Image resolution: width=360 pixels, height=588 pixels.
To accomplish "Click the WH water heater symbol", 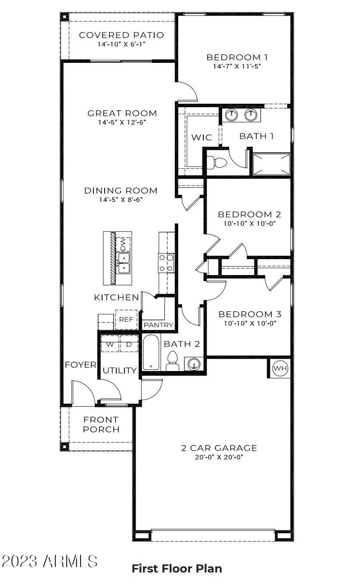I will pos(280,368).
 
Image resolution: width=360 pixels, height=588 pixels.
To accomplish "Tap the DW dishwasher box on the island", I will pos(123,244).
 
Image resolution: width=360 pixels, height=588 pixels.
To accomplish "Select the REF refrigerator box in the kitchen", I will pos(126,319).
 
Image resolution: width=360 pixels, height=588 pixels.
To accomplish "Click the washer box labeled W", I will pos(110,344).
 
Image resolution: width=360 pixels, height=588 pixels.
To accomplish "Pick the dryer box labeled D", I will pos(129,344).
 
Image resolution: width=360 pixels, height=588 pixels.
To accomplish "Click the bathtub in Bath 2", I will pos(151,353).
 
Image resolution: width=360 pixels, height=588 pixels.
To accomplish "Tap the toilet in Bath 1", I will pos(217,162).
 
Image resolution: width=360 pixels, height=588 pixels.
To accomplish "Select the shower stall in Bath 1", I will pos(271,164).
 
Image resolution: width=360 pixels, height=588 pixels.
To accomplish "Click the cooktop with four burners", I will pos(167,263).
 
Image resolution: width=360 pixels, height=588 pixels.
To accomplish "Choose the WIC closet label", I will pos(202,137).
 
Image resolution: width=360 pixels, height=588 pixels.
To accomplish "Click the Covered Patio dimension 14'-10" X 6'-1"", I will pos(121,44).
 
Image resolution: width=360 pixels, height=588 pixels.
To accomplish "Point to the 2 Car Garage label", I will pos(219,448).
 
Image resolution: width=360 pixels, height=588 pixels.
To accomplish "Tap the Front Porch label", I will pos(101,424).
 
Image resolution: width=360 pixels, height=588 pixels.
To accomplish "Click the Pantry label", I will pos(158,325).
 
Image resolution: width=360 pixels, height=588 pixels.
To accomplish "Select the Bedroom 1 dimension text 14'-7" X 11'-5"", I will pos(237,66).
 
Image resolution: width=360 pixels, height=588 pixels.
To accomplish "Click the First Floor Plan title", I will pos(177,569).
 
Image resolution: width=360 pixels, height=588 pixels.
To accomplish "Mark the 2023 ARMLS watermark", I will pos(50,561).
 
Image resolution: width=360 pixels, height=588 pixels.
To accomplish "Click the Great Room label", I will pos(122,113).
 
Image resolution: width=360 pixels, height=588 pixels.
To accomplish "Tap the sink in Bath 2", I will pos(194,364).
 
